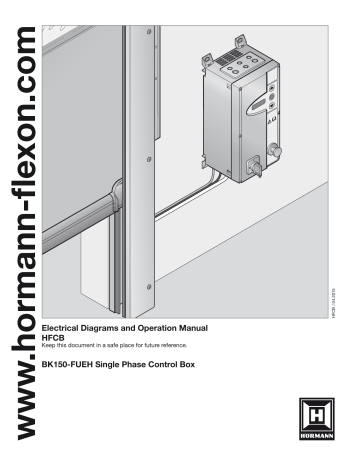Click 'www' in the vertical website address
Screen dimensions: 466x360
point(19,400)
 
